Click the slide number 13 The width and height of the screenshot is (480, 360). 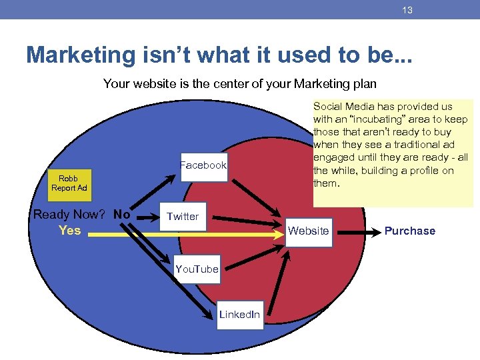click(x=408, y=10)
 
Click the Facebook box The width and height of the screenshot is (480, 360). click(x=203, y=165)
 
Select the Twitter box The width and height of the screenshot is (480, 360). click(x=183, y=216)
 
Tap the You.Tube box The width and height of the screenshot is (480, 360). click(x=196, y=269)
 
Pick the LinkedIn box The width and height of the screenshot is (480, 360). click(x=239, y=314)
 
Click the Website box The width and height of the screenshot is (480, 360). click(x=308, y=231)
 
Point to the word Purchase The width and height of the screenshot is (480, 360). click(x=409, y=231)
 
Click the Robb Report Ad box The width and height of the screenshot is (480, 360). click(x=69, y=183)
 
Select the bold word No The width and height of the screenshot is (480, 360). click(x=122, y=215)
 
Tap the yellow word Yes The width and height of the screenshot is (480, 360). click(x=69, y=230)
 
